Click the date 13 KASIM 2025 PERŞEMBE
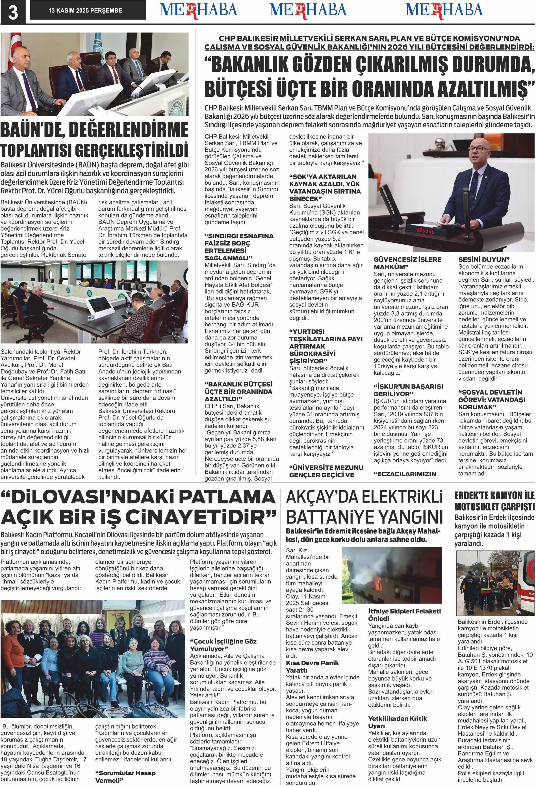(85, 11)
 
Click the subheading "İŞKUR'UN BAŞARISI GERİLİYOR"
(408, 390)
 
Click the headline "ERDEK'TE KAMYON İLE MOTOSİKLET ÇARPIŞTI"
(494, 501)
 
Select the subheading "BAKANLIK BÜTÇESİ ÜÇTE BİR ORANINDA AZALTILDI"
(238, 391)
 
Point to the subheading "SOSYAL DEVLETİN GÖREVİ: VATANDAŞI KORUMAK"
(492, 399)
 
